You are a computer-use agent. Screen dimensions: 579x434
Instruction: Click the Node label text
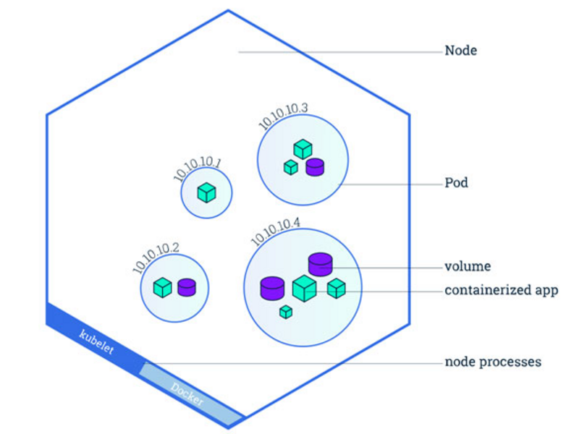[460, 51]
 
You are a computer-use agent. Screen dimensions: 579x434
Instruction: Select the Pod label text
[456, 183]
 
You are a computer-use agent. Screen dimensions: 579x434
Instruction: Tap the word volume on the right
[468, 266]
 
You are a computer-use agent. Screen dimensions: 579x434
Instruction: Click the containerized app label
[501, 291]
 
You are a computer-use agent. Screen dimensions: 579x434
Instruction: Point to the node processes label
[493, 362]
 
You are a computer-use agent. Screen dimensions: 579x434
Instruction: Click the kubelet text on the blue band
[97, 341]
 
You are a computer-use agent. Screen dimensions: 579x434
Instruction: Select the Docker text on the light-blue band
[187, 394]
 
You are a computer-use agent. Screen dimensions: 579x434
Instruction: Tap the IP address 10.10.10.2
[156, 258]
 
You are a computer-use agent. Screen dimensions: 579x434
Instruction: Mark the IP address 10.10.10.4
[276, 231]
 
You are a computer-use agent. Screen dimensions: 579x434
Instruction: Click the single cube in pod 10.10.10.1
[207, 192]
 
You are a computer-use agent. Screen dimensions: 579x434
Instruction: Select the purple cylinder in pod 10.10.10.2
[187, 287]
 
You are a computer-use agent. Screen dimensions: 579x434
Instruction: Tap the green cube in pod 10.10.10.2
[162, 287]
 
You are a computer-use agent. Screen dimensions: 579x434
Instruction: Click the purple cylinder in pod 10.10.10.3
[315, 167]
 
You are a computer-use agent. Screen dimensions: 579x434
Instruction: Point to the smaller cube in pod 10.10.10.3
[291, 167]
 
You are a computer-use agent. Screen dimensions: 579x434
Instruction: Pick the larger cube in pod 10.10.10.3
[303, 149]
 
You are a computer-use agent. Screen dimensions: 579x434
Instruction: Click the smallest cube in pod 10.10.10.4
[286, 312]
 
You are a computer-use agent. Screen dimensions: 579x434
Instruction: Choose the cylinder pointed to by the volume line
[321, 264]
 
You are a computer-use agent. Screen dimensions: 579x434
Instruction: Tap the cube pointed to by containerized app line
[305, 289]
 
